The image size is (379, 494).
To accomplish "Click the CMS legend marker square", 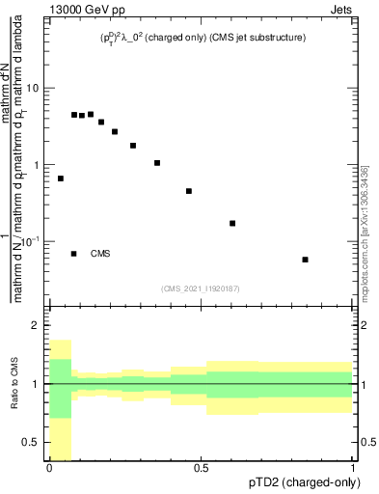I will coord(74,254).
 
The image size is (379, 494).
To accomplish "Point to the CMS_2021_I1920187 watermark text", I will coord(201,288).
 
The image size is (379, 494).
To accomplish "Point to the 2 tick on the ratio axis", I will coord(39,325).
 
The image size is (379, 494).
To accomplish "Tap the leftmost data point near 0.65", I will coord(61,178).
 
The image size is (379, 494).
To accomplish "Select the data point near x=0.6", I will coord(232,223).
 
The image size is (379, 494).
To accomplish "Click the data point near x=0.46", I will coord(189,191).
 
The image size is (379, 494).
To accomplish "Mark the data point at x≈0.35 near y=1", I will coord(157,163).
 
